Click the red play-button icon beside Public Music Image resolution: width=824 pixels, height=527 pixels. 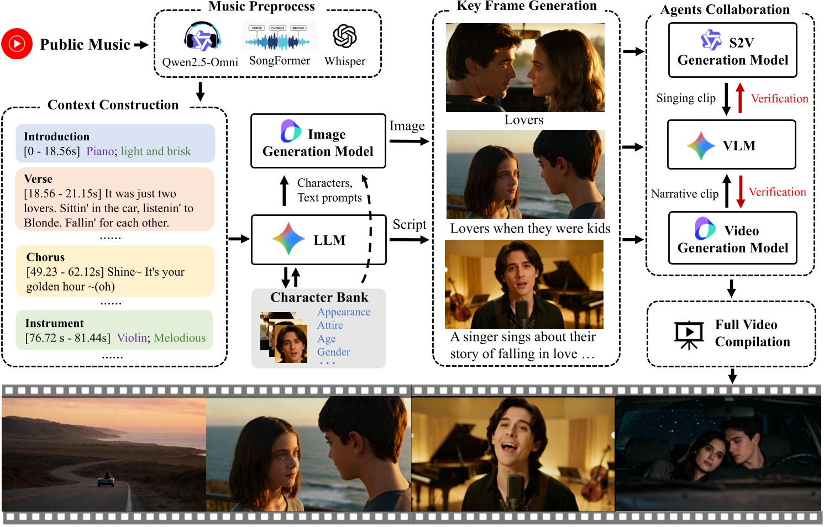(x=17, y=44)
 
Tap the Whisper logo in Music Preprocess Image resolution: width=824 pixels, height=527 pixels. (x=345, y=36)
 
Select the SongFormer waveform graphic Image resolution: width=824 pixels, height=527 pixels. (x=279, y=36)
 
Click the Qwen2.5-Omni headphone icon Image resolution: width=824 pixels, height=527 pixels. (x=202, y=38)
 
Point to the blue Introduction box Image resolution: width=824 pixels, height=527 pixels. (x=115, y=144)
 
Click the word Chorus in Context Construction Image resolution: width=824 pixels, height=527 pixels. (x=45, y=257)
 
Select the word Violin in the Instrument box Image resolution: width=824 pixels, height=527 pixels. (x=132, y=338)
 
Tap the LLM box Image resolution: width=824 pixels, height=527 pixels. (x=318, y=240)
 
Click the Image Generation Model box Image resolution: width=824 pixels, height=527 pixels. (x=318, y=141)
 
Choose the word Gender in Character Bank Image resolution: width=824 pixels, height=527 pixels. (x=333, y=352)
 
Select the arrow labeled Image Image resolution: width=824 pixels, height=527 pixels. (x=409, y=141)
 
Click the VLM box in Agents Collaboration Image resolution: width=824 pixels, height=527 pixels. (x=732, y=145)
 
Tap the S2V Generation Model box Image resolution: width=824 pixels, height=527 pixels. (x=732, y=50)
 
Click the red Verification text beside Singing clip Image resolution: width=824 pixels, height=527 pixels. (x=779, y=99)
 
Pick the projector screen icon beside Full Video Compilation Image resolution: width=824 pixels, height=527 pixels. (x=689, y=334)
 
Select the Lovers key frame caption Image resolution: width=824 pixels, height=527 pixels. (x=524, y=120)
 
